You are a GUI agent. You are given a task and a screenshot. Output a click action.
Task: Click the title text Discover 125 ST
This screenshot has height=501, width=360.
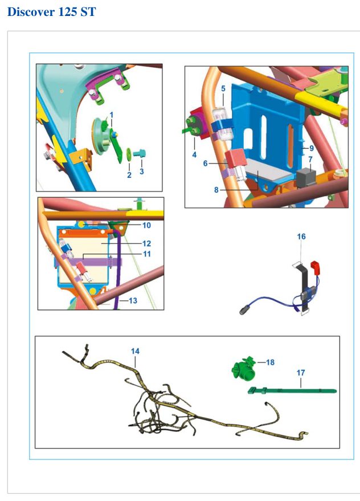coord(51,12)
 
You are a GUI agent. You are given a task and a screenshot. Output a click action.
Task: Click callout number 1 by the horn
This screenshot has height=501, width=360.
coord(112,115)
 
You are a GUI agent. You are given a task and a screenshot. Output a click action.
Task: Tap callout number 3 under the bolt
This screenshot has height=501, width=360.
coord(141,172)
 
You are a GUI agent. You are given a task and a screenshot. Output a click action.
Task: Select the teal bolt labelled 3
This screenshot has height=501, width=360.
coord(140,154)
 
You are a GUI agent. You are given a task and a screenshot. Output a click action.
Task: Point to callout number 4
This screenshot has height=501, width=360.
coord(194,155)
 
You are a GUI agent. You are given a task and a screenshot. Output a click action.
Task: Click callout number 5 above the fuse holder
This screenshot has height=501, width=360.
coord(223,88)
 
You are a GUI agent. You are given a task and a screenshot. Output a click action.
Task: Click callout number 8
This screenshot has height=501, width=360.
coord(216,190)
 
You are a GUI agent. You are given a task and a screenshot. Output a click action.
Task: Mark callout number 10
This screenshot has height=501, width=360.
coord(146,225)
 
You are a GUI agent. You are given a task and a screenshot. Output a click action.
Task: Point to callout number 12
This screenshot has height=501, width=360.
coord(146,243)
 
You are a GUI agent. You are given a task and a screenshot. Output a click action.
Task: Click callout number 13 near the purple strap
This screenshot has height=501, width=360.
coord(133,300)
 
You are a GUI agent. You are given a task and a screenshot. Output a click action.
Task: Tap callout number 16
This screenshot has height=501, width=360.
coord(301,237)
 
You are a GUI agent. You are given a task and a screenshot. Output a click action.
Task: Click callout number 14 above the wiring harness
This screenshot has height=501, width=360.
coord(135,351)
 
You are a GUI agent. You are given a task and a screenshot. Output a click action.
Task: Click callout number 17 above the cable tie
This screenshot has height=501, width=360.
coord(301,373)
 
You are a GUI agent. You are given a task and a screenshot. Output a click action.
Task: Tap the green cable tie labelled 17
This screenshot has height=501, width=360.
coord(292,390)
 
